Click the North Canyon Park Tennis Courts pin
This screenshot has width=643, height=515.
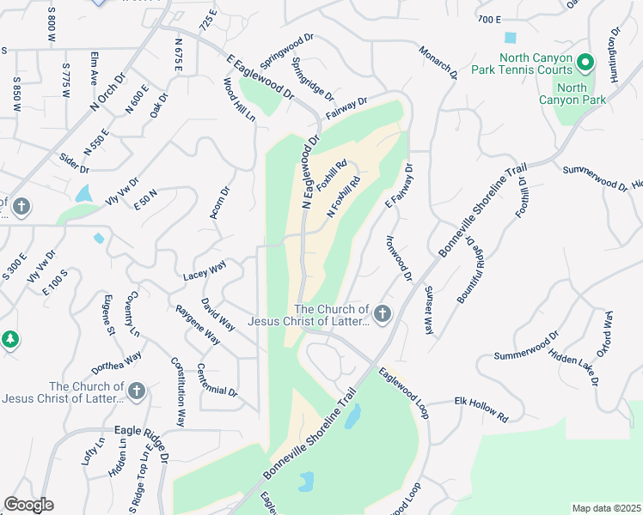[x=585, y=63]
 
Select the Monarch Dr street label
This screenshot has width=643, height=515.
[x=438, y=63]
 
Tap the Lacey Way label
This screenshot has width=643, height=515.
[x=205, y=272]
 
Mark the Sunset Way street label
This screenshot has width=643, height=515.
[x=428, y=309]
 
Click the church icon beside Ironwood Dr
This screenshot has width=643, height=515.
[x=383, y=315]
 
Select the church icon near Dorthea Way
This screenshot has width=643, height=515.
[x=137, y=391]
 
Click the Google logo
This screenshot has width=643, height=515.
[x=28, y=505]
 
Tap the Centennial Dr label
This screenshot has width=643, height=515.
[x=216, y=379]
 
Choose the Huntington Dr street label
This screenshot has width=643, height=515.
[x=613, y=55]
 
